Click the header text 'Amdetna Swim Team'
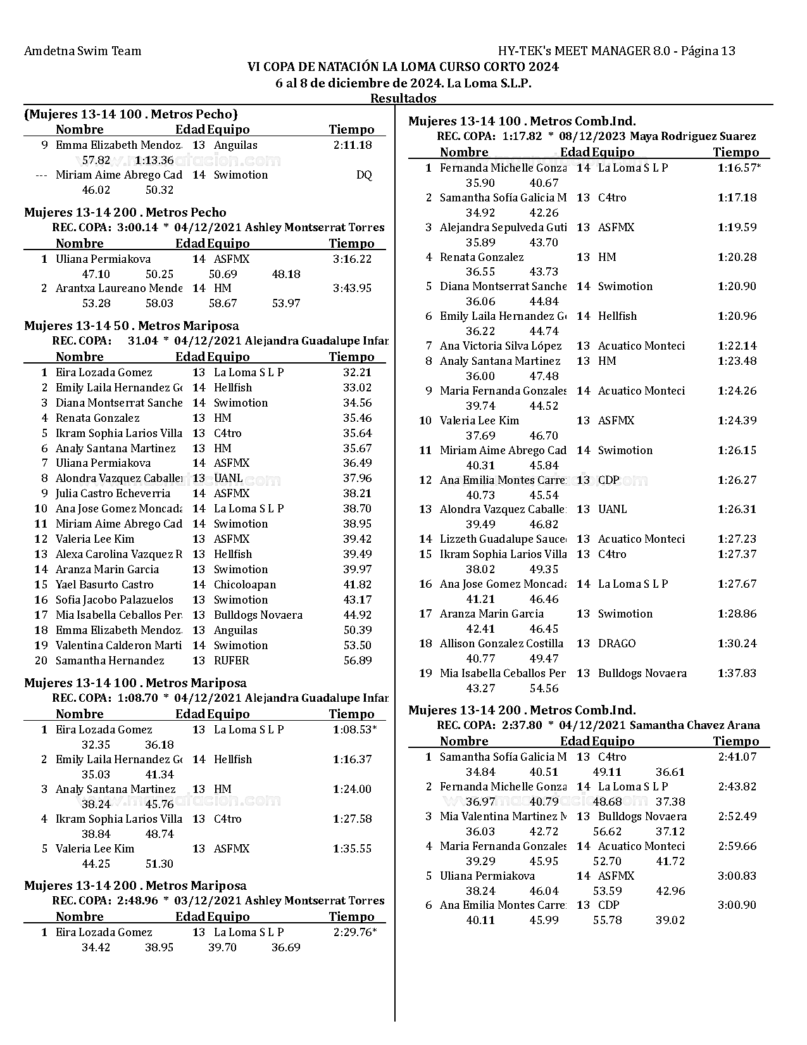pos(82,51)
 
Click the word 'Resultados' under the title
pos(403,98)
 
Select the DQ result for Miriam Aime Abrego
pos(364,175)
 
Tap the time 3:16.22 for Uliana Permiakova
pos(352,258)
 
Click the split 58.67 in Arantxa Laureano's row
pos(223,303)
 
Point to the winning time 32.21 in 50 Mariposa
pos(357,372)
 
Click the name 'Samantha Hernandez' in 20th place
pos(109,661)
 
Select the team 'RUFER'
pos(231,661)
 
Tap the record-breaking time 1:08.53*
pos(354,730)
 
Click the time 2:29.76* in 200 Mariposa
pos(354,932)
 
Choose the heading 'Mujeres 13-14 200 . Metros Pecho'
pos(125,212)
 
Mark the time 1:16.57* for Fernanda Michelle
pos(739,168)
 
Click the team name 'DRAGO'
pos(616,643)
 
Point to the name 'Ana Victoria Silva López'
pos(501,346)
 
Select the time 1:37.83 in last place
pos(737,673)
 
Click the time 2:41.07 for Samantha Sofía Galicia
pos(737,757)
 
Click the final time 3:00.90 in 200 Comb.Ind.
pos(737,905)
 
